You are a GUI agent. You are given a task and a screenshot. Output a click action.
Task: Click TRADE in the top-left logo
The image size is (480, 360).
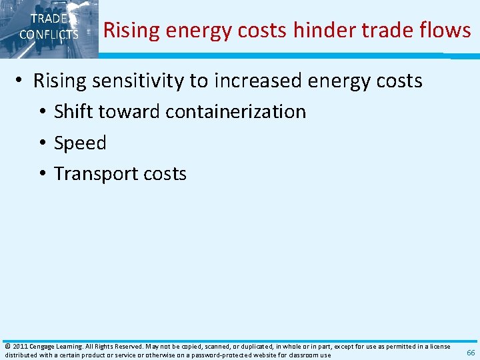pyautogui.click(x=49, y=19)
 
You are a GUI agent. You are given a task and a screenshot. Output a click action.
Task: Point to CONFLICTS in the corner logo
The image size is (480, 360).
pyautogui.click(x=49, y=34)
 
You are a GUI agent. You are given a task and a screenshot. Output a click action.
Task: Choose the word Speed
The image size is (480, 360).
pyautogui.click(x=80, y=143)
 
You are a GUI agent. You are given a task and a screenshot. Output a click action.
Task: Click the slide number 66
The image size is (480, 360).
pyautogui.click(x=471, y=353)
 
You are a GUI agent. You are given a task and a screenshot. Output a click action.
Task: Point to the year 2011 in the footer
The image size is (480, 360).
pyautogui.click(x=19, y=347)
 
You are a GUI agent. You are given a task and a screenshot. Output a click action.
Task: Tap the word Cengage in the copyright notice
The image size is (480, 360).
pyautogui.click(x=43, y=347)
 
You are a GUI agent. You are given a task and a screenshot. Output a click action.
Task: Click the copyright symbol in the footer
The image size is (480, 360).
pyautogui.click(x=7, y=347)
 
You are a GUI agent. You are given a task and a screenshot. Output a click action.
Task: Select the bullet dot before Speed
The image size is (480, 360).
pyautogui.click(x=42, y=143)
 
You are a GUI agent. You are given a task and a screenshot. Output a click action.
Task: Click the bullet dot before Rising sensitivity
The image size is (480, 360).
pyautogui.click(x=21, y=81)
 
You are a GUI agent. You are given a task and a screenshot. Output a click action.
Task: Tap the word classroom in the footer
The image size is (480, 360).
pyautogui.click(x=303, y=355)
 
